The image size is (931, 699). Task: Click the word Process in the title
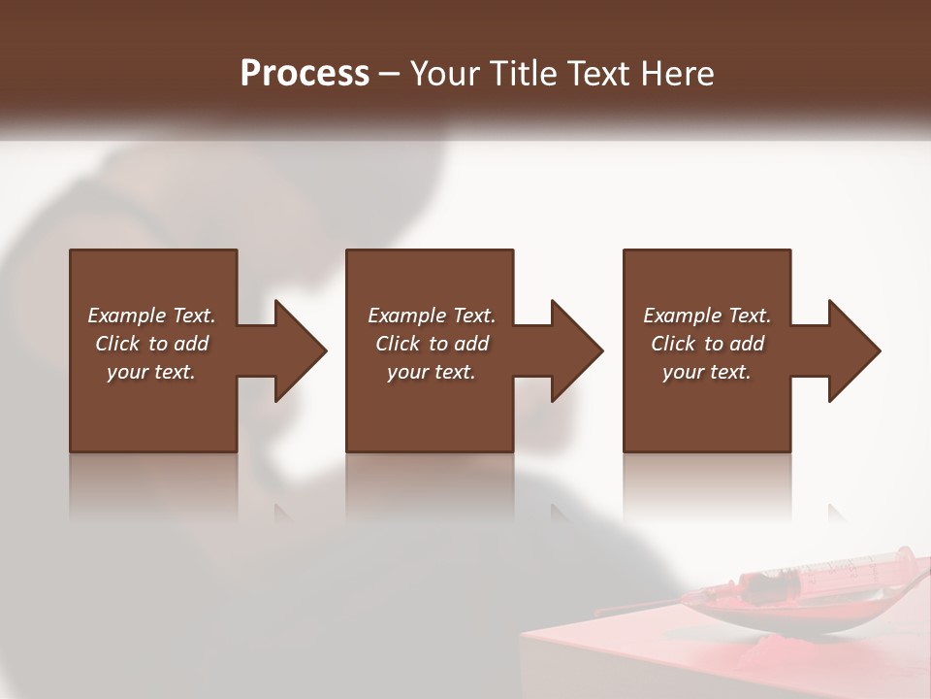click(305, 74)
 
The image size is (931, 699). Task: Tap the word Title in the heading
click(522, 74)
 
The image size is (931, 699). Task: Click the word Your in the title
click(445, 74)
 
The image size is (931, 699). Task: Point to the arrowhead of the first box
click(300, 350)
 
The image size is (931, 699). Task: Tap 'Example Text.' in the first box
click(151, 316)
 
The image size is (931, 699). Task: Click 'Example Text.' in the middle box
click(432, 316)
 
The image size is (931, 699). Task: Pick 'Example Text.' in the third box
click(707, 316)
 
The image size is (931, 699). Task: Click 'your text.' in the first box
click(151, 372)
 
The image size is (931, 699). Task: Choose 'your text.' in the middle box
click(432, 372)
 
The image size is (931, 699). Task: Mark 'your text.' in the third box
click(707, 372)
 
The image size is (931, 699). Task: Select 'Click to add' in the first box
click(151, 344)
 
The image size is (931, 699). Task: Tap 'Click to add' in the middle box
click(432, 344)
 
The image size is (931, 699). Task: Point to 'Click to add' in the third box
click(707, 344)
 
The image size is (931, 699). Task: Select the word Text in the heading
click(595, 74)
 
